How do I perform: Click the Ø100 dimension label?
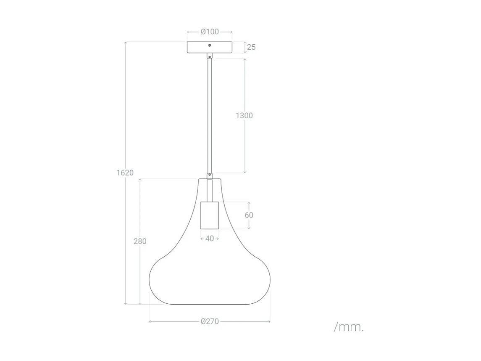[x=210, y=32]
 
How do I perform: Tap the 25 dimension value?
[x=251, y=47]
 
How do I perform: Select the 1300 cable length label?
[x=244, y=115]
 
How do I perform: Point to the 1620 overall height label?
[x=125, y=173]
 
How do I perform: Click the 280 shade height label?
[x=140, y=241]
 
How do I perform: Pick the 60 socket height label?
[x=249, y=215]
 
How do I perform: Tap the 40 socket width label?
[x=210, y=239]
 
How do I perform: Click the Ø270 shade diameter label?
[x=210, y=322]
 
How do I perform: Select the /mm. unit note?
[x=349, y=327]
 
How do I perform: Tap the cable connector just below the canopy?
[x=210, y=56]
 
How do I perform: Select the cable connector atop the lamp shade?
[x=210, y=176]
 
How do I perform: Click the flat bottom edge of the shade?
[x=210, y=304]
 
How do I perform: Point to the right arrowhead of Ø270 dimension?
[x=269, y=322]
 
